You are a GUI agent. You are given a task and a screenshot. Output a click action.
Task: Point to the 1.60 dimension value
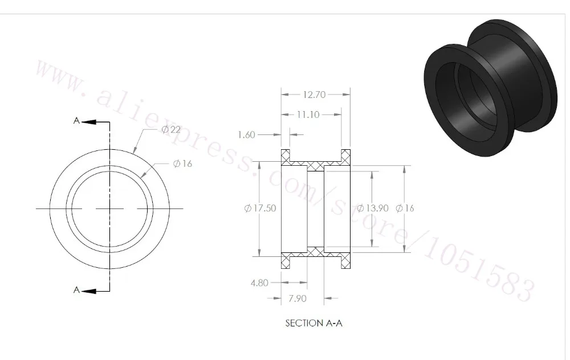247,135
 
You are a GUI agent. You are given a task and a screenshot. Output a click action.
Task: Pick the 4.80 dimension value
258,282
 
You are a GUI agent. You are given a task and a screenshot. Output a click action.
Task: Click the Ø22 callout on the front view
171,130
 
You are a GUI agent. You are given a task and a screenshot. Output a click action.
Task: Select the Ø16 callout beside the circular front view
182,163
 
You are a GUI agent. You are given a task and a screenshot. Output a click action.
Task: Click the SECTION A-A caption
313,323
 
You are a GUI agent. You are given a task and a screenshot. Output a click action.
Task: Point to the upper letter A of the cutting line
76,120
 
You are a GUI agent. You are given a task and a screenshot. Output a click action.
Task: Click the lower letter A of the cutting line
76,290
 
